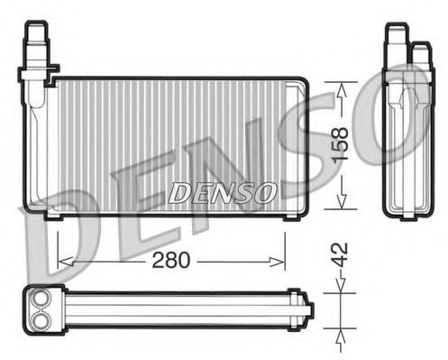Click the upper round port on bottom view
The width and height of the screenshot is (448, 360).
[x=41, y=301]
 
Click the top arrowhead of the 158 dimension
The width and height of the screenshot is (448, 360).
[x=341, y=87]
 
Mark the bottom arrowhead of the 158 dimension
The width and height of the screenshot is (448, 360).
[x=341, y=204]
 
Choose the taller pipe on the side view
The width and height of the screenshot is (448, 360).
[x=395, y=42]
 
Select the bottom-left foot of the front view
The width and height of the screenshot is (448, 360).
[x=52, y=215]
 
